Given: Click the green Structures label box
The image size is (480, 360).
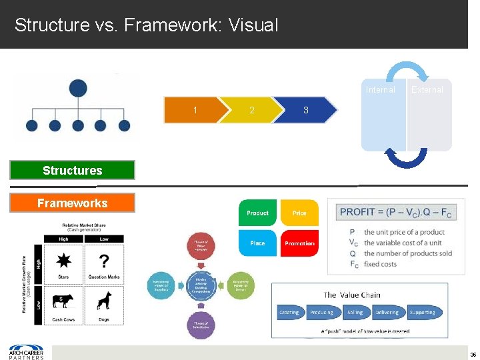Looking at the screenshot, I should [72, 170].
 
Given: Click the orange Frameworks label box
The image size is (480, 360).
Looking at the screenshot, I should [72, 203].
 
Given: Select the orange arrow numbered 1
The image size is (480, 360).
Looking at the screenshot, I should [195, 110].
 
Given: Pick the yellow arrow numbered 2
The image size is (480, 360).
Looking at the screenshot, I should [251, 110].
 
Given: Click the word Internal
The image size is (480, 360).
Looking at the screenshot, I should [380, 89].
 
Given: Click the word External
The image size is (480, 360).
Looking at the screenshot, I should [427, 89].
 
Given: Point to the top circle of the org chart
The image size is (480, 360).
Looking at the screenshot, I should [77, 88].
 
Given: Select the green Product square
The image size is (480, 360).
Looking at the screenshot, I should [257, 213].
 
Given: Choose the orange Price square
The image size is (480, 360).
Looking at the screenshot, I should [299, 213].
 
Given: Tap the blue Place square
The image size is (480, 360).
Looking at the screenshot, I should [257, 243].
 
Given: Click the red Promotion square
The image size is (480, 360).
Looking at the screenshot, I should [299, 243].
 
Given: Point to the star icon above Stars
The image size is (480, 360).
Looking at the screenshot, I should [64, 260].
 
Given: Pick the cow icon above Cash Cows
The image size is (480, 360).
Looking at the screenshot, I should [64, 302].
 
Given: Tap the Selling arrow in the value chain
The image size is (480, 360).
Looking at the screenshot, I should [355, 312].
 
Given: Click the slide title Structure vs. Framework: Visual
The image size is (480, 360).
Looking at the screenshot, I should [146, 25].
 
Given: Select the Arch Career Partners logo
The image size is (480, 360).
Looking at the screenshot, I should [26, 351].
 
